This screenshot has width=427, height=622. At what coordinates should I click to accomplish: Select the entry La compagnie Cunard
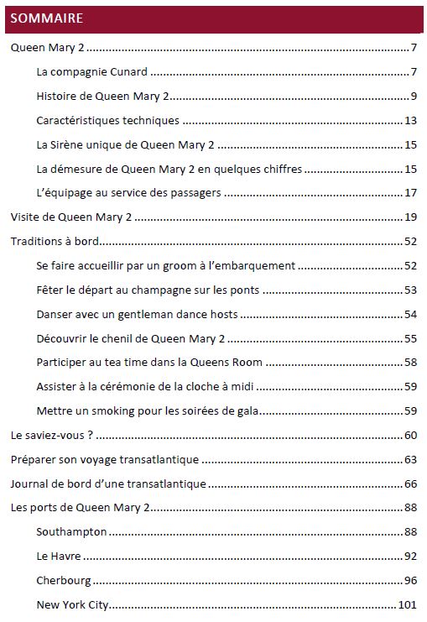click(x=92, y=72)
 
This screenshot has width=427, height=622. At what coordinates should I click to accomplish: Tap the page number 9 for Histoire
click(x=414, y=97)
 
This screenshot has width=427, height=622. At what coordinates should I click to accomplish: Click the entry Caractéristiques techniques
click(x=107, y=121)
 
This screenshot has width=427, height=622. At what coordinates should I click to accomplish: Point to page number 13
click(x=411, y=121)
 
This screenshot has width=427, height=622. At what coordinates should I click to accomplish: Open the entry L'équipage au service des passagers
click(x=128, y=193)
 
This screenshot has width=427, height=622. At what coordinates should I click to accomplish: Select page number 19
click(x=411, y=217)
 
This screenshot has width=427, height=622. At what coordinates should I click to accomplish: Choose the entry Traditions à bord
click(x=55, y=242)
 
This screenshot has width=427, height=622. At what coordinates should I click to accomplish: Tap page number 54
click(x=411, y=315)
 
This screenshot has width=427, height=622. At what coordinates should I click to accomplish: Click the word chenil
click(x=119, y=338)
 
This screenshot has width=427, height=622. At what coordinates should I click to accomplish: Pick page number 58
click(x=411, y=363)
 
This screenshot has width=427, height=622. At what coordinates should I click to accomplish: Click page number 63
click(x=411, y=460)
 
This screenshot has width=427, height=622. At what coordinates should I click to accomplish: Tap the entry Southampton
click(x=71, y=532)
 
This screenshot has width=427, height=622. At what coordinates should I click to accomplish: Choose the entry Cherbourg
click(x=64, y=581)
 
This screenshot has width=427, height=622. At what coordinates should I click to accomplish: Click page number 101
click(x=408, y=604)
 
